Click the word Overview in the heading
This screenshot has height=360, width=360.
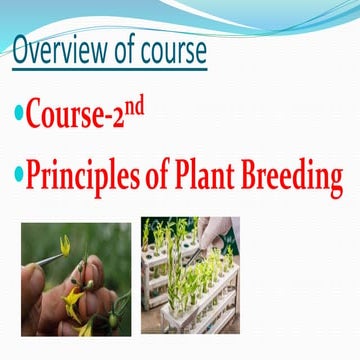coord(55,52)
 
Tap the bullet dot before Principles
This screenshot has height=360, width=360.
coord(17,178)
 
